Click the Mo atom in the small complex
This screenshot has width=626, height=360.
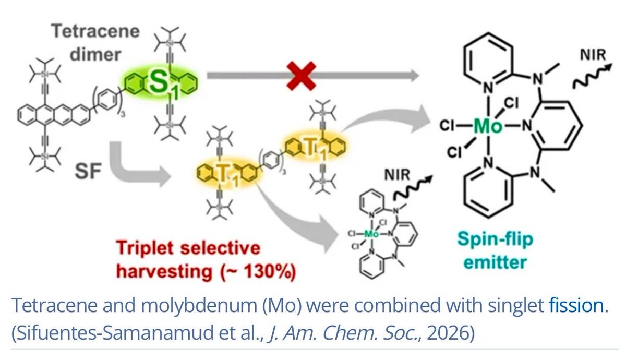click(371, 234)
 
